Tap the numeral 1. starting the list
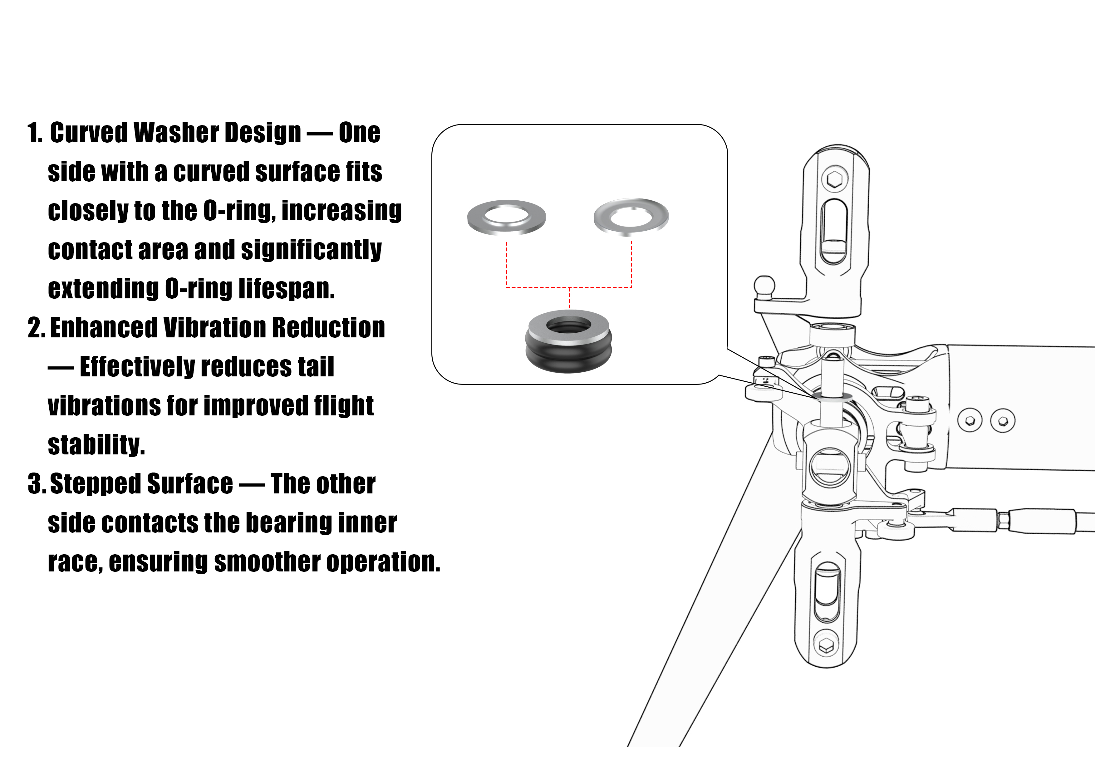click(x=35, y=133)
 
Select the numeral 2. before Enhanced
click(x=36, y=328)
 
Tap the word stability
click(x=96, y=445)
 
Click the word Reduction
click(x=329, y=328)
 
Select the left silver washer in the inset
click(x=507, y=217)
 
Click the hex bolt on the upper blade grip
click(x=835, y=179)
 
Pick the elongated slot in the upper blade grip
click(x=834, y=231)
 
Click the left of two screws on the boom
click(x=970, y=420)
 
